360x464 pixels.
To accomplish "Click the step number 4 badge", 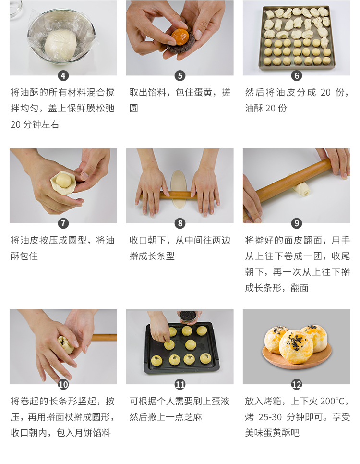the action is pyautogui.click(x=63, y=76).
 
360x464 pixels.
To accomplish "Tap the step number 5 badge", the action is pyautogui.click(x=180, y=76).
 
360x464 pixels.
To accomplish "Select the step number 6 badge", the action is pyautogui.click(x=297, y=76).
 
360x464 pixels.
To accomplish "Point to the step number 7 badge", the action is pyautogui.click(x=63, y=223).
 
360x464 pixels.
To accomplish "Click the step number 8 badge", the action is pyautogui.click(x=180, y=223).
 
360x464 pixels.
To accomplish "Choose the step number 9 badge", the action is pyautogui.click(x=297, y=223).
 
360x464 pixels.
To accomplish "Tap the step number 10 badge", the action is pyautogui.click(x=63, y=384).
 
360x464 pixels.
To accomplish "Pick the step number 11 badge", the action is pyautogui.click(x=180, y=384).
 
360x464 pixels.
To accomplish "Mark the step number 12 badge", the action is pyautogui.click(x=297, y=384).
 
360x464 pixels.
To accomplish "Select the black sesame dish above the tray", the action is pyautogui.click(x=188, y=316).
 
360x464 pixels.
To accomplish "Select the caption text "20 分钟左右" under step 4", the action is pyautogui.click(x=35, y=124).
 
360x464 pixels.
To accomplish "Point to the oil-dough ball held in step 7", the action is pyautogui.click(x=63, y=181).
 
